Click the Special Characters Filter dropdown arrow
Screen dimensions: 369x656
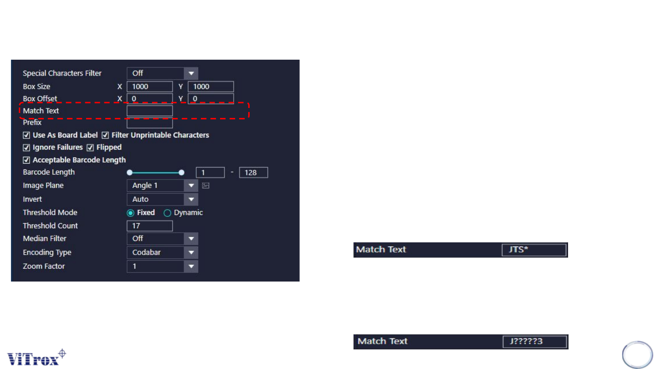click(191, 73)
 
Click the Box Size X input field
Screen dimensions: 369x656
click(149, 87)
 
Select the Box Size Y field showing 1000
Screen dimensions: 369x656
click(210, 87)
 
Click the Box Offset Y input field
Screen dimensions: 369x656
click(210, 99)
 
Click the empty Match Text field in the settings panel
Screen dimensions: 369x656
click(149, 111)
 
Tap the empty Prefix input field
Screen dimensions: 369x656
click(149, 123)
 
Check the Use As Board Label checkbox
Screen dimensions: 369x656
click(26, 135)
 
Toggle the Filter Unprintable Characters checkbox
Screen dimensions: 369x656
click(105, 135)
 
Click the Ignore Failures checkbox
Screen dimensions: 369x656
click(26, 148)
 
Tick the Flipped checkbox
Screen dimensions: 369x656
click(90, 148)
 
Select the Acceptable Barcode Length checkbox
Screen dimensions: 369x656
click(26, 160)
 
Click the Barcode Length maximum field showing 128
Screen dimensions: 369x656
click(253, 173)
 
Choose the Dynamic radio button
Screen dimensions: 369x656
click(167, 213)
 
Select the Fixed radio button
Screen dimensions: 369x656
click(130, 213)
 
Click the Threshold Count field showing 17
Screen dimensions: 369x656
click(149, 226)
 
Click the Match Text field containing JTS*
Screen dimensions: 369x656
click(534, 250)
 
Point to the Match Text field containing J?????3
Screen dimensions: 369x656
click(534, 342)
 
